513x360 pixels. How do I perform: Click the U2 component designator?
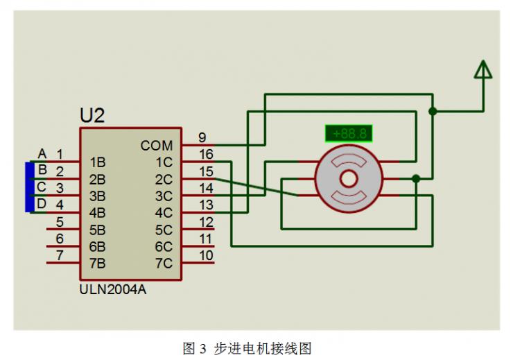(x=92, y=114)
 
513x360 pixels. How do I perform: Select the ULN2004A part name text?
(x=113, y=290)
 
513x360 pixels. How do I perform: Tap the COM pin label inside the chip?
(x=157, y=146)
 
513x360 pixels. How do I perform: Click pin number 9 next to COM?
(x=202, y=137)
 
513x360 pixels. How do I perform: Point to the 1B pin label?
(x=97, y=162)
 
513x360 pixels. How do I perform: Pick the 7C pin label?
(x=164, y=263)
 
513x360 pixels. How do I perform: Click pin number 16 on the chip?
(x=206, y=154)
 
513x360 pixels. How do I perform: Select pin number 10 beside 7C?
(x=206, y=255)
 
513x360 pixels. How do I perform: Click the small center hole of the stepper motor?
(x=347, y=179)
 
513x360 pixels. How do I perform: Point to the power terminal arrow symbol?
(x=482, y=70)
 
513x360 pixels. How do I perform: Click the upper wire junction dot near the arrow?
(x=433, y=111)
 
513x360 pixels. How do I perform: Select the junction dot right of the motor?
(x=416, y=178)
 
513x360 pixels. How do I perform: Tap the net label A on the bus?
(x=42, y=153)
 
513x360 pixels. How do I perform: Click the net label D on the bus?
(x=42, y=204)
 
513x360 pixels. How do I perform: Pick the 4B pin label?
(x=97, y=213)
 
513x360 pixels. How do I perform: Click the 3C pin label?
(x=164, y=196)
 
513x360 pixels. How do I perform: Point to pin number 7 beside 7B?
(x=60, y=255)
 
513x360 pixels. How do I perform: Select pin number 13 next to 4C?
(x=206, y=205)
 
